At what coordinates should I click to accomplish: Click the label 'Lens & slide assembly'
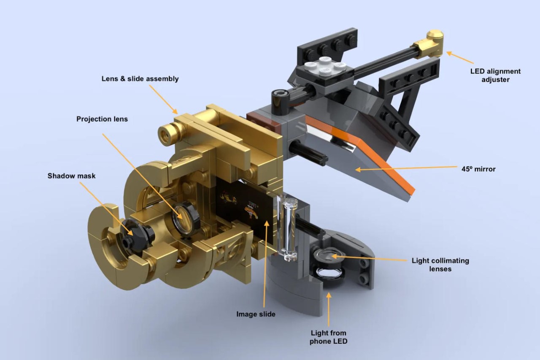(x=140, y=79)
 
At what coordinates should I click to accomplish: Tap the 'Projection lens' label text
(x=102, y=119)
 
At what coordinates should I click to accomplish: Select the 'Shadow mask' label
(x=71, y=176)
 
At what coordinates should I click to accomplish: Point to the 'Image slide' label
(x=256, y=314)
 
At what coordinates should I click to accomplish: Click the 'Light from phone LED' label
(x=328, y=337)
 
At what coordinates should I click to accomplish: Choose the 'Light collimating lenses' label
(x=440, y=265)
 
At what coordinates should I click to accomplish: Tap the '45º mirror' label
(x=478, y=169)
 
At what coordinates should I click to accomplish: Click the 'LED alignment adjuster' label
(x=495, y=75)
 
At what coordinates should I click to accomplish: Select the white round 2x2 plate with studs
(x=325, y=65)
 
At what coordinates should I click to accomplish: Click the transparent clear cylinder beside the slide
(x=287, y=229)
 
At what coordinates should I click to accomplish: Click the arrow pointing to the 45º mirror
(x=406, y=168)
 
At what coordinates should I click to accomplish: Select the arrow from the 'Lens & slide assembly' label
(x=163, y=99)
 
